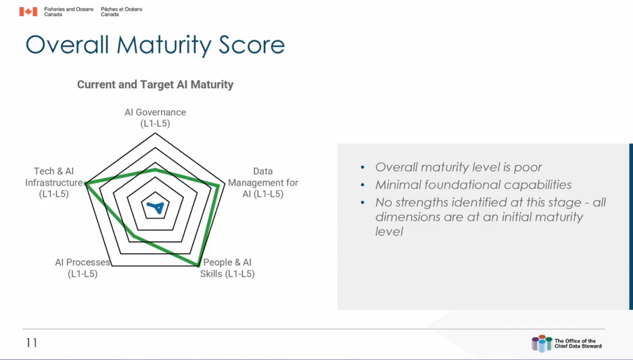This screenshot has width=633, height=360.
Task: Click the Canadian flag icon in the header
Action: pos(28,12)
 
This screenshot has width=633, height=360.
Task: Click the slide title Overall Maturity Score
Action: pos(155,45)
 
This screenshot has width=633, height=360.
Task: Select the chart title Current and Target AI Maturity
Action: pos(155,85)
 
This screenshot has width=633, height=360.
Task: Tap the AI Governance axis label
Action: pos(155,118)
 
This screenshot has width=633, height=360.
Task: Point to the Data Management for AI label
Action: pos(263,183)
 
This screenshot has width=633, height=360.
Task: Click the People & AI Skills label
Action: pos(228,268)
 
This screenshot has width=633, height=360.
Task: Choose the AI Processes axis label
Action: pos(83,268)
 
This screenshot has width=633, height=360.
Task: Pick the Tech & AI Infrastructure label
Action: pos(54,183)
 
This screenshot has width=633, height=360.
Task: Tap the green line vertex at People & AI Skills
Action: pos(199,265)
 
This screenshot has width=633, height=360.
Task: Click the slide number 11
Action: pos(32,343)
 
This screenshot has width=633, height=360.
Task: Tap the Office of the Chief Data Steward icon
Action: pos(542,343)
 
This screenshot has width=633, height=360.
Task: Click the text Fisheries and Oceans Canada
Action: pos(68,12)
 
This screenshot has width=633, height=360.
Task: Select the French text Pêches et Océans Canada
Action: pos(122,12)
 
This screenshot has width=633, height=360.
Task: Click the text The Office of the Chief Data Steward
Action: pos(578,343)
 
